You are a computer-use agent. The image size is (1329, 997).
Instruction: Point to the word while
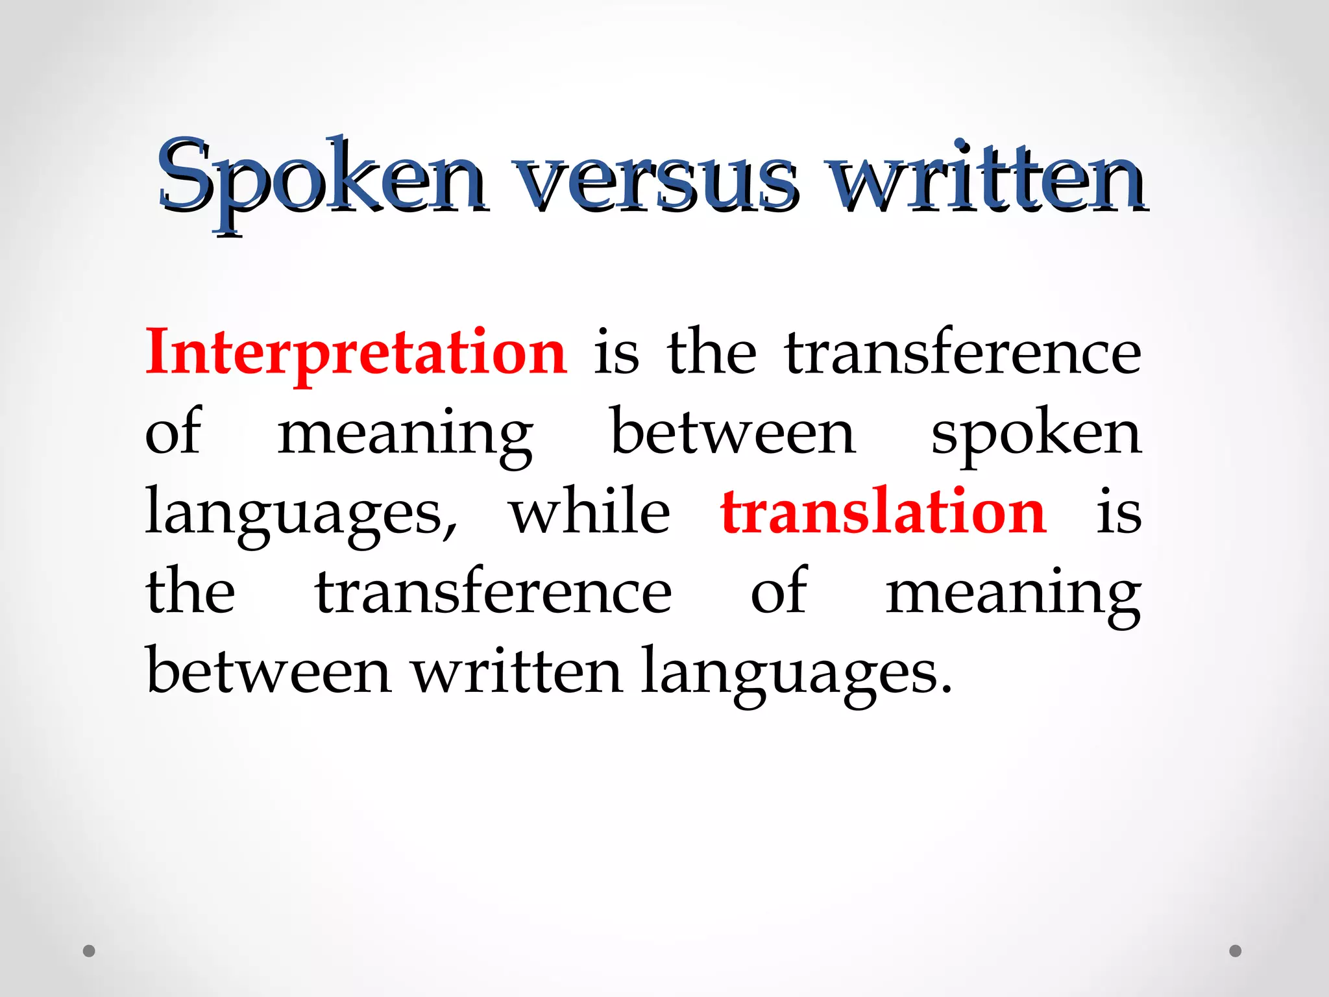(x=589, y=513)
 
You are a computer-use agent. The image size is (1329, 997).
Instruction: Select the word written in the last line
(x=517, y=672)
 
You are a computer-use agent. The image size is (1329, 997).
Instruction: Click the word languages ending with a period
(x=797, y=675)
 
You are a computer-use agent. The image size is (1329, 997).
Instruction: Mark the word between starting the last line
(x=269, y=672)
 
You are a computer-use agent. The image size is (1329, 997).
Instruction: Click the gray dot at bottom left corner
(x=90, y=951)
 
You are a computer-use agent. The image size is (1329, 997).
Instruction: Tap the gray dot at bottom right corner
(x=1236, y=951)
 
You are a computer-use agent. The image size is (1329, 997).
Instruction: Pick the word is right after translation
(x=1119, y=513)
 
